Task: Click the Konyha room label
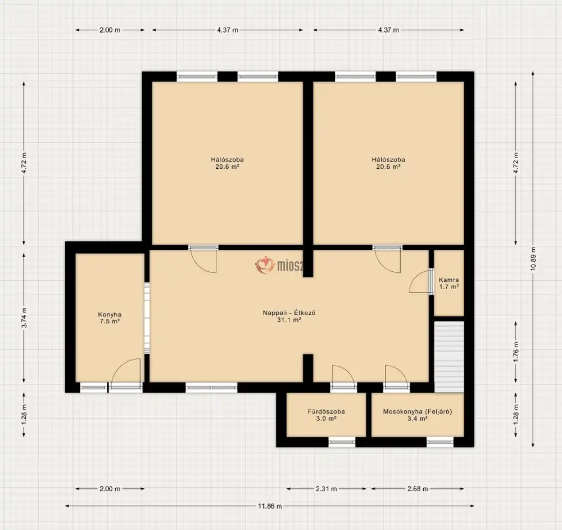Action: coord(110,315)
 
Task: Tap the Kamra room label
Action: coord(448,280)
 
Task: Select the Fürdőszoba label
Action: coord(326,412)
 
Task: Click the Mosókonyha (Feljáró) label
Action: coord(418,412)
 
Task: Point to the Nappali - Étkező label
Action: coord(289,313)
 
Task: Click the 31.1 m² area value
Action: coord(289,320)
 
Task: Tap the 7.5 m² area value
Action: coord(110,321)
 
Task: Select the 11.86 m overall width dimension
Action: coord(270,506)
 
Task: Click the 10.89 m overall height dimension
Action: coord(533,258)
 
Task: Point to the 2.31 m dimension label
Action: coord(326,489)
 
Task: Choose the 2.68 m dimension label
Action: coord(418,489)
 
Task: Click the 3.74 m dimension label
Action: coord(24,317)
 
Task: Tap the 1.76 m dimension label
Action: coord(516,352)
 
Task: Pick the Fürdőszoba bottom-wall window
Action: coord(342,442)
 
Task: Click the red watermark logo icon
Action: coord(265,265)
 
